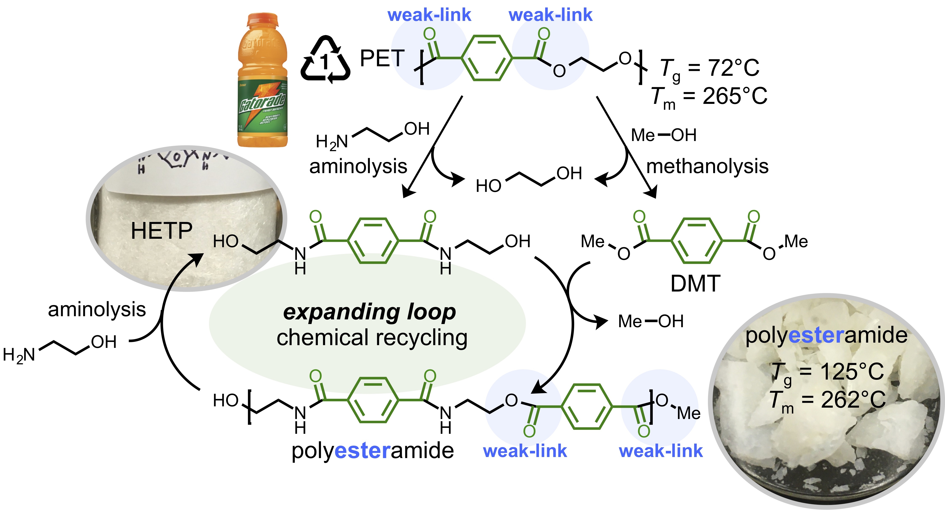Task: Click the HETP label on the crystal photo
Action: (x=161, y=231)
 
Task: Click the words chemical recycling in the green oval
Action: (x=372, y=338)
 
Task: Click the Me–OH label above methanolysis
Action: (x=663, y=135)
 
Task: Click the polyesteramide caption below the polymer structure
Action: (x=372, y=451)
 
